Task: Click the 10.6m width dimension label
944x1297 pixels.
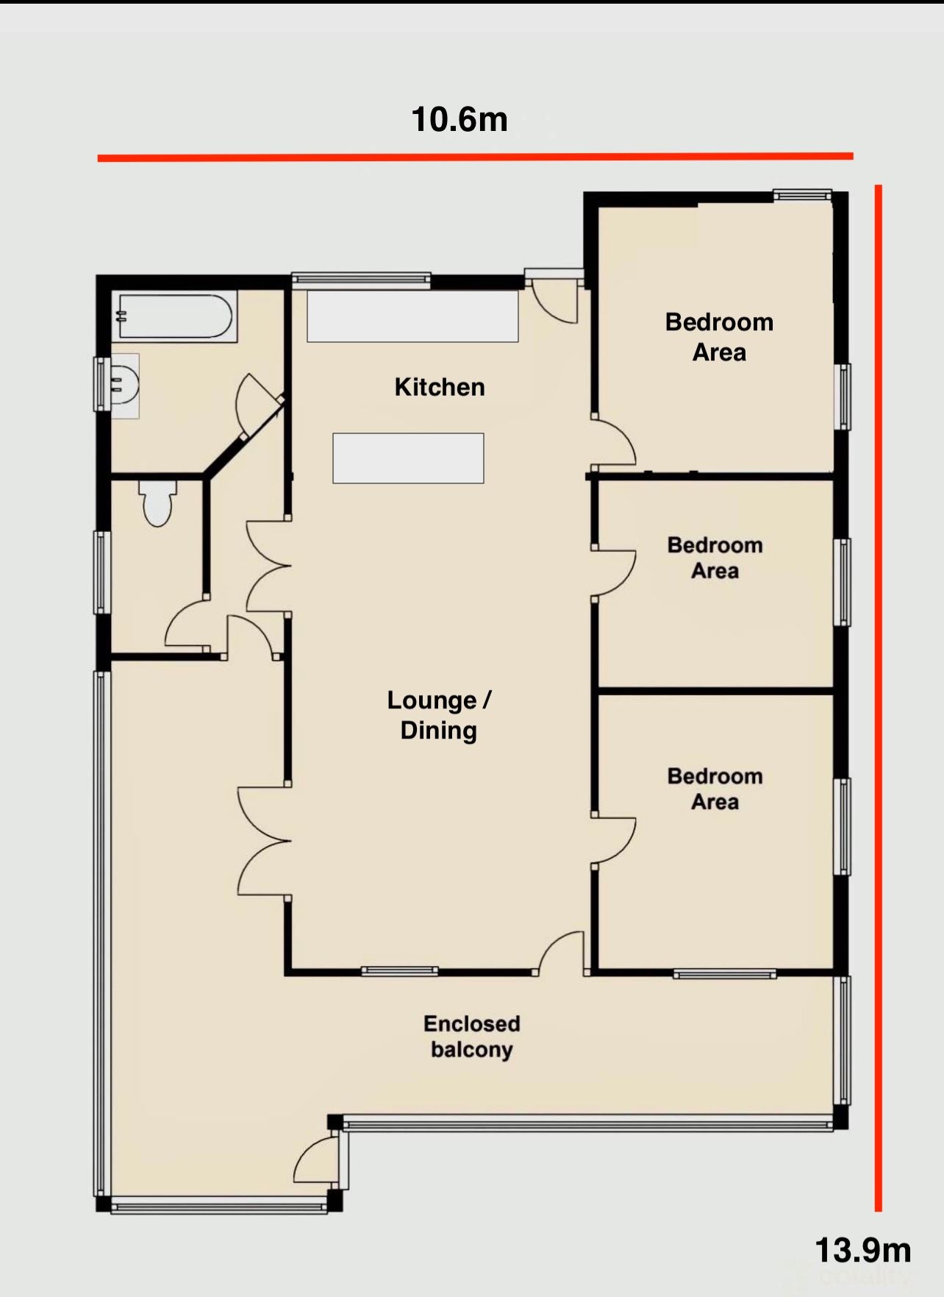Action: pyautogui.click(x=460, y=119)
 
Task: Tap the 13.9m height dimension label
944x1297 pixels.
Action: pyautogui.click(x=863, y=1250)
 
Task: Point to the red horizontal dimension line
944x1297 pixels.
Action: pyautogui.click(x=475, y=157)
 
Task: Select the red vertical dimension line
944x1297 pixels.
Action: pyautogui.click(x=878, y=697)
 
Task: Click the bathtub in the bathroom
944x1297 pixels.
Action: pyautogui.click(x=175, y=316)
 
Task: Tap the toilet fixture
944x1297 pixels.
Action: pyautogui.click(x=157, y=502)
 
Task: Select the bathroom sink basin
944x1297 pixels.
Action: pyautogui.click(x=124, y=385)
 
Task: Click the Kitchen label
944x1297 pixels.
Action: pyautogui.click(x=440, y=387)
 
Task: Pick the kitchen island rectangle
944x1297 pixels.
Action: pyautogui.click(x=408, y=458)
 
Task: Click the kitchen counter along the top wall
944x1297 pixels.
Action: pyautogui.click(x=412, y=316)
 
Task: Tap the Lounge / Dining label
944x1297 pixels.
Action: pyautogui.click(x=439, y=715)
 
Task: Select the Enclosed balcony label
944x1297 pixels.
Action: pyautogui.click(x=472, y=1037)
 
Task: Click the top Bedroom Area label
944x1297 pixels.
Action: pyautogui.click(x=719, y=337)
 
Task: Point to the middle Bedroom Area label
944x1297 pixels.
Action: pyautogui.click(x=715, y=558)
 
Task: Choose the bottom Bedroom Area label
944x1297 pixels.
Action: pyautogui.click(x=715, y=789)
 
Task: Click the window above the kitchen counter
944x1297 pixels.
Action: pyautogui.click(x=361, y=279)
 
